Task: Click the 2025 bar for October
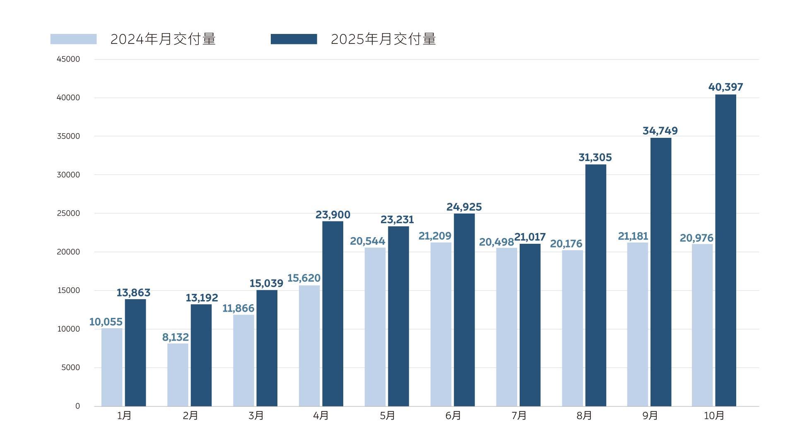pyautogui.click(x=725, y=250)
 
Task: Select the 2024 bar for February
pyautogui.click(x=178, y=375)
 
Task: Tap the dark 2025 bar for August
pyautogui.click(x=595, y=286)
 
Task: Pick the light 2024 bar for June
pyautogui.click(x=441, y=324)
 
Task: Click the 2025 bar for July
pyautogui.click(x=530, y=325)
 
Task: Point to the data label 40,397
pyautogui.click(x=725, y=87)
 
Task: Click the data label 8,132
pyautogui.click(x=175, y=337)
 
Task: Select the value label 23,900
pyautogui.click(x=332, y=215)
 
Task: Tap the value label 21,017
pyautogui.click(x=530, y=237)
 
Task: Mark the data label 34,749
pyautogui.click(x=660, y=131)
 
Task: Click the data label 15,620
pyautogui.click(x=304, y=278)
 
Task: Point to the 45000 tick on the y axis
pyautogui.click(x=68, y=59)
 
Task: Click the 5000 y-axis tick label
pyautogui.click(x=70, y=368)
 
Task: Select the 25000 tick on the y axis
pyautogui.click(x=68, y=214)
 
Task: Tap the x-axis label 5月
pyautogui.click(x=387, y=416)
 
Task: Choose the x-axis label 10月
pyautogui.click(x=714, y=416)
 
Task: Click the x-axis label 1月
pyautogui.click(x=124, y=416)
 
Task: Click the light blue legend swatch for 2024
pyautogui.click(x=73, y=39)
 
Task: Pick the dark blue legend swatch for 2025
pyautogui.click(x=294, y=39)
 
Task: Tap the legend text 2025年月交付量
pyautogui.click(x=383, y=39)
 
